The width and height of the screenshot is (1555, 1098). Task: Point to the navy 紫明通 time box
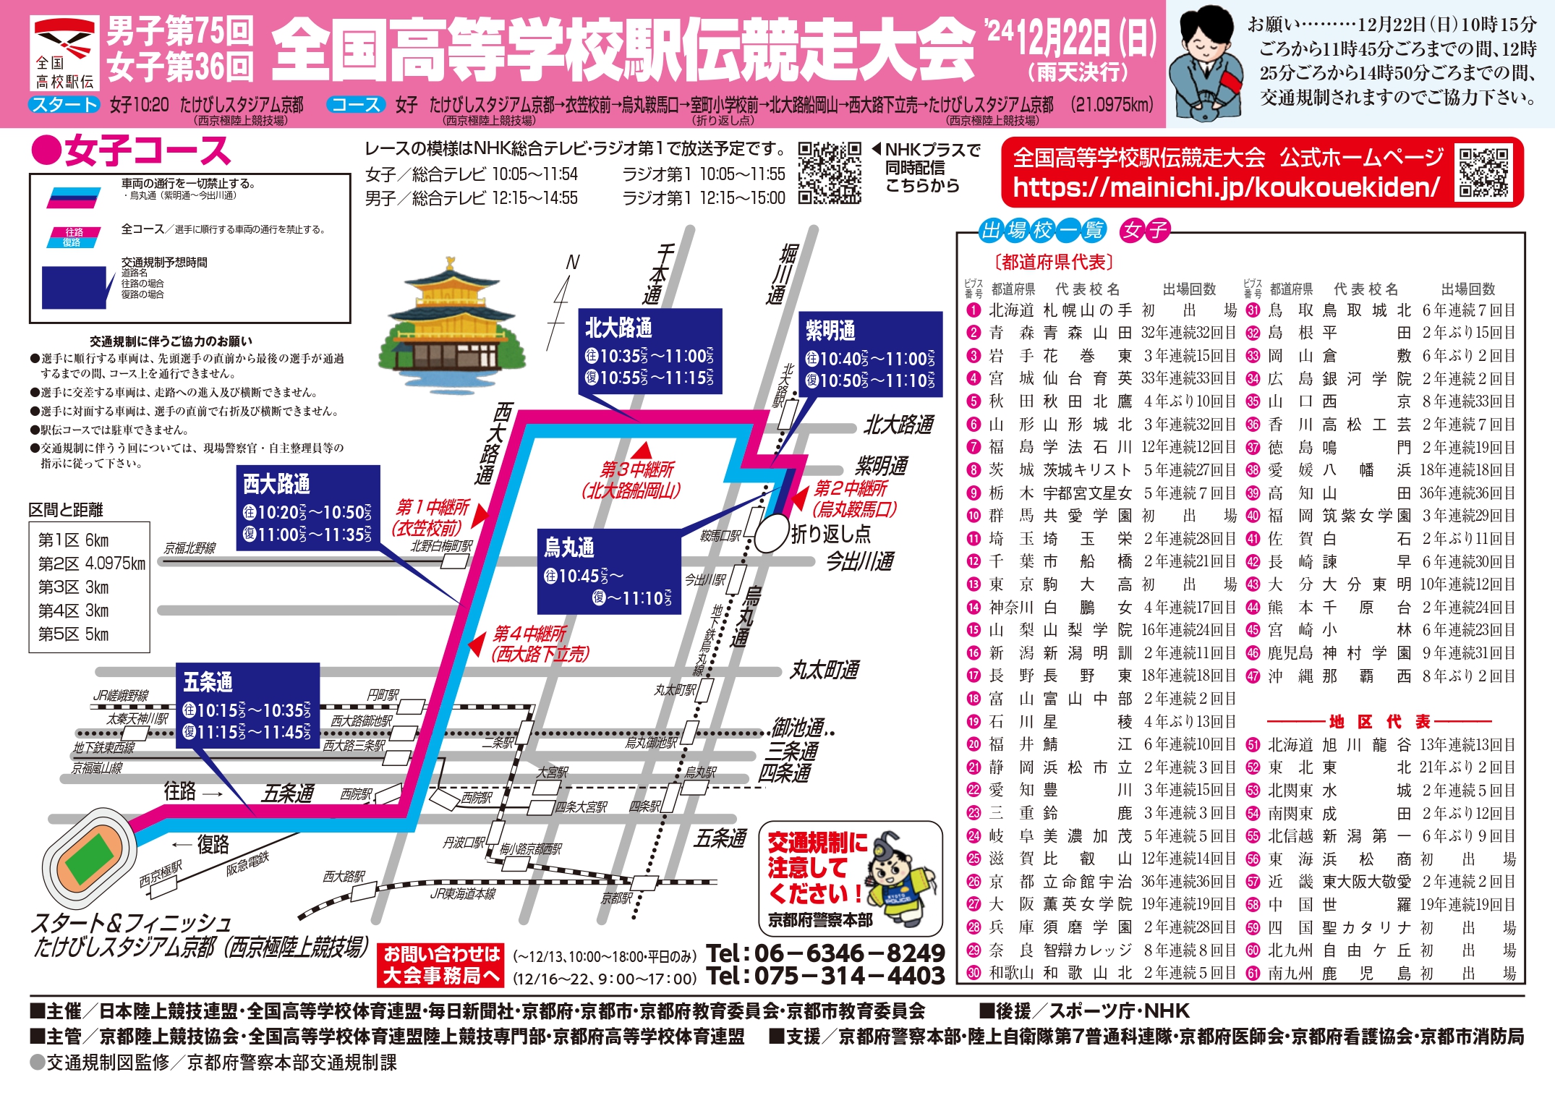click(870, 354)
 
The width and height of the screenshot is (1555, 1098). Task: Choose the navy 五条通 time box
click(247, 706)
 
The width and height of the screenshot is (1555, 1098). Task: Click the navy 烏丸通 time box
click(608, 572)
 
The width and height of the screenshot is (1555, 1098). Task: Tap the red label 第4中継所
click(529, 634)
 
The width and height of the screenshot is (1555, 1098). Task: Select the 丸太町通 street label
click(824, 671)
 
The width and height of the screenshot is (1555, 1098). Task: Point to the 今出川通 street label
click(860, 561)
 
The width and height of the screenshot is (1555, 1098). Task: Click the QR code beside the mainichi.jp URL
click(1483, 172)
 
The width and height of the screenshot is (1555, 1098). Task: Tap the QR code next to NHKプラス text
click(830, 173)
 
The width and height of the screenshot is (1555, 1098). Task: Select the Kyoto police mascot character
click(900, 880)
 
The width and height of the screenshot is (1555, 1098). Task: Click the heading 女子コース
click(131, 151)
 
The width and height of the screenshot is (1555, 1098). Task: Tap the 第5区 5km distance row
click(73, 634)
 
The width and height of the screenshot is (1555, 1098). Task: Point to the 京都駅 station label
click(617, 898)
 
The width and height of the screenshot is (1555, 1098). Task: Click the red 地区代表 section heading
click(1379, 722)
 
